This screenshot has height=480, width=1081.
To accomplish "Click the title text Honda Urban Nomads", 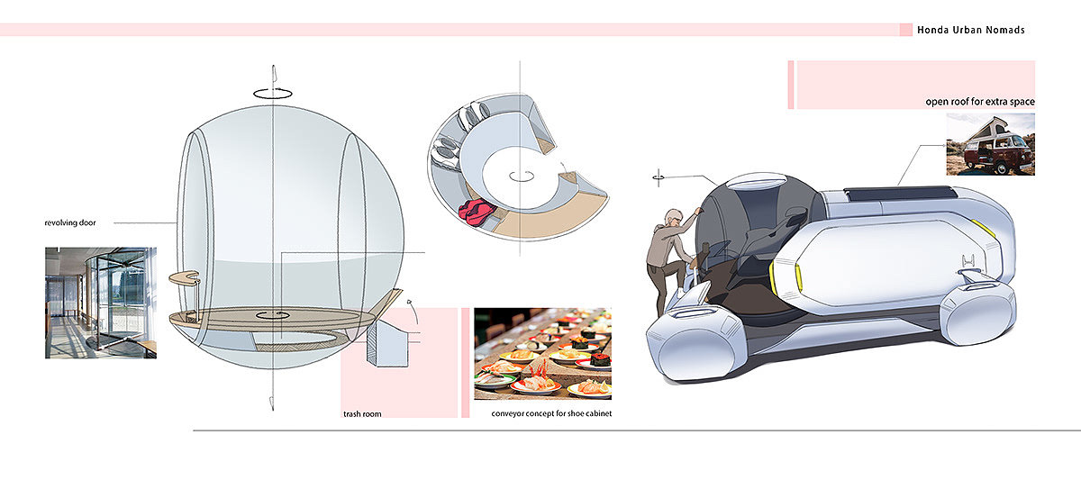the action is pyautogui.click(x=970, y=30).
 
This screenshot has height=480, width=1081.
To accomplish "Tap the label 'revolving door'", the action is pyautogui.click(x=71, y=222).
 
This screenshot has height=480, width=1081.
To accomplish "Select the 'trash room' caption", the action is pyautogui.click(x=363, y=414).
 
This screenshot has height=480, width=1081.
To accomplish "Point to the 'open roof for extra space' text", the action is pyautogui.click(x=980, y=102).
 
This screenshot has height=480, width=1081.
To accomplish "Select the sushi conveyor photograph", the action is pyautogui.click(x=542, y=353).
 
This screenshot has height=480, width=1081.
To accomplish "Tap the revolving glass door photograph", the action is pyautogui.click(x=101, y=303).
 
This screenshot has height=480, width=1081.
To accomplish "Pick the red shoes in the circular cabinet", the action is pyautogui.click(x=474, y=213).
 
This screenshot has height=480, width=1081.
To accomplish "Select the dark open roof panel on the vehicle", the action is pyautogui.click(x=900, y=194).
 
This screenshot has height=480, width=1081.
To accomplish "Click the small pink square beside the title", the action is pyautogui.click(x=905, y=30).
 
